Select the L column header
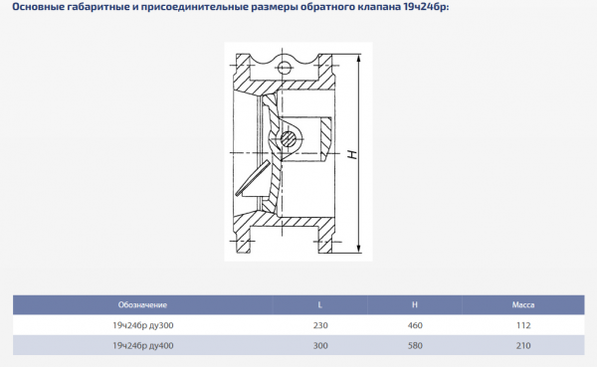point(318,303)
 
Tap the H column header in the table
point(413,303)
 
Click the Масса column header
point(523,303)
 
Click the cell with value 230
point(318,324)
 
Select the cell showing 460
point(413,324)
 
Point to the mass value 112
point(523,324)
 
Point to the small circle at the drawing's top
point(286,69)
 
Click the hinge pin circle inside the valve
point(291,137)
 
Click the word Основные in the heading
point(44,11)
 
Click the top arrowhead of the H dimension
point(359,53)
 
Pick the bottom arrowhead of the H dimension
point(359,255)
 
